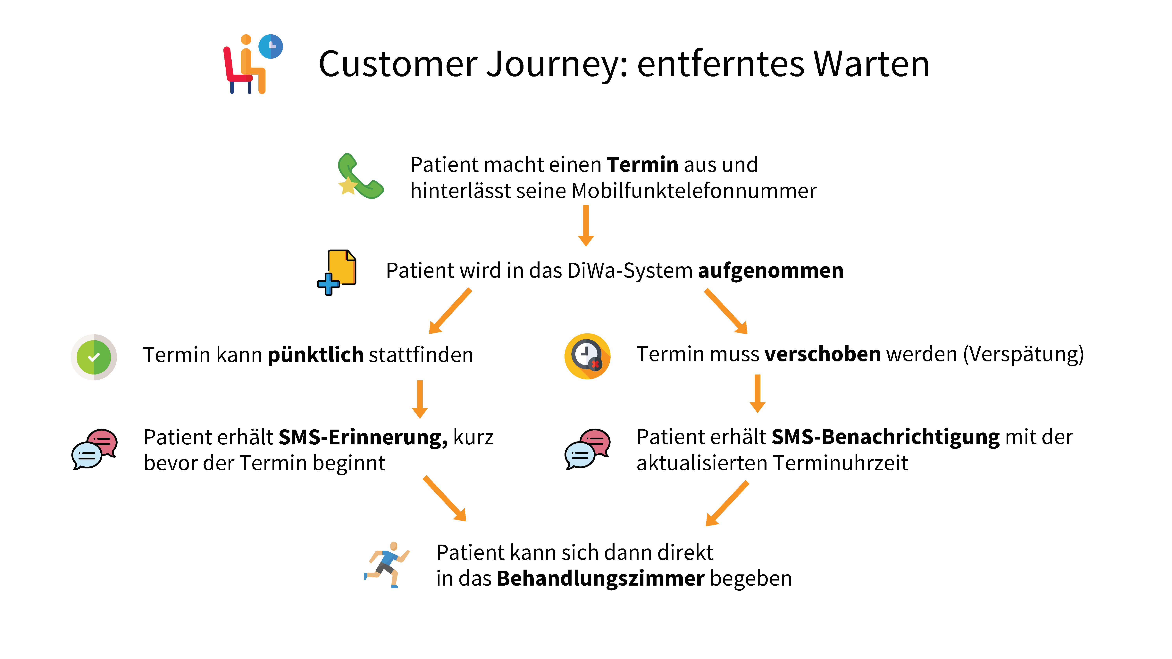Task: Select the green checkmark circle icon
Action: coord(94,357)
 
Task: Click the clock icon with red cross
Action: coord(587,356)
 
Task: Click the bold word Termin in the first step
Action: coord(642,165)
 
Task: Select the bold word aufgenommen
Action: coord(771,271)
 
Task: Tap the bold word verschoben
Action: coord(823,354)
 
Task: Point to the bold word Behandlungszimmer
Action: coord(601,579)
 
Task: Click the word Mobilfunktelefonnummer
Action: coord(694,191)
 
